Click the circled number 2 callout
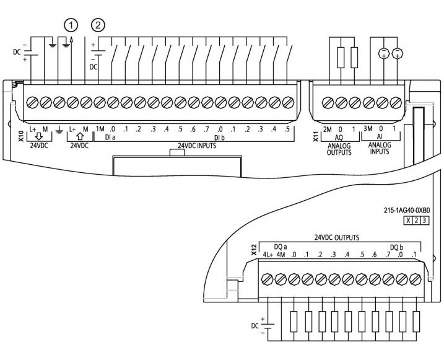coord(98,25)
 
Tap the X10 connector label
coord(21,136)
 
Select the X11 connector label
coord(316,136)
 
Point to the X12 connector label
coord(254,250)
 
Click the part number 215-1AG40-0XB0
coord(407,211)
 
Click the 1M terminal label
coord(100,129)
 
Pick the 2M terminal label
coord(327,130)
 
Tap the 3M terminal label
coord(368,129)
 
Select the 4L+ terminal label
coord(268,255)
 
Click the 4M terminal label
coord(281,255)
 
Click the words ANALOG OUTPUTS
coord(339,149)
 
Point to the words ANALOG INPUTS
coord(380,149)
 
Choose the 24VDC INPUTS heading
coord(197,146)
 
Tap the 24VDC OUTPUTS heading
coord(337,237)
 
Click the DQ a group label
coord(281,247)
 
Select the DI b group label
coord(219,138)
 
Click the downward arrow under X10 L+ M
coord(38,137)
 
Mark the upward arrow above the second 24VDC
coord(80,137)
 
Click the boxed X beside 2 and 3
coord(408,221)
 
